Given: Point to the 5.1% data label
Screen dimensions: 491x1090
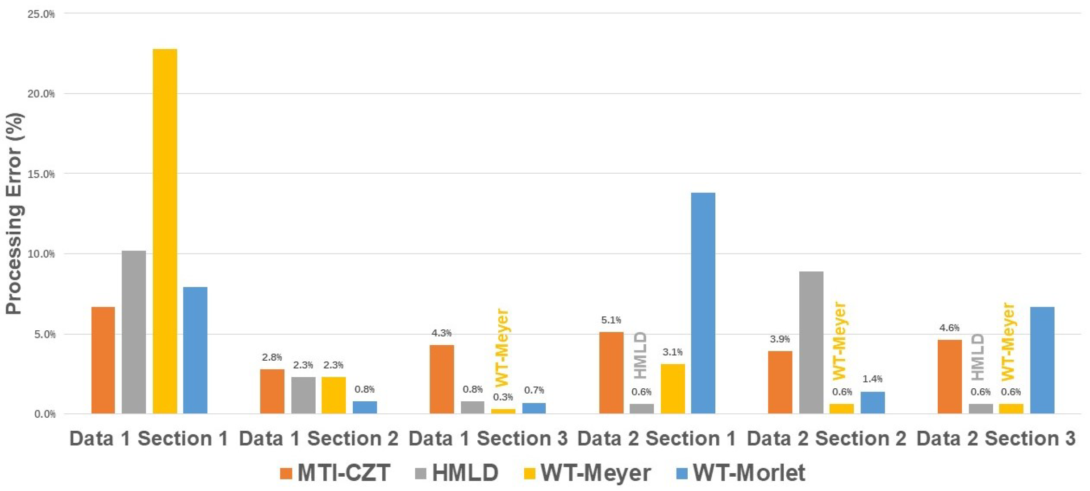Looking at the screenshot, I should [610, 320].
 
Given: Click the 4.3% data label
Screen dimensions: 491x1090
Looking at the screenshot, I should [441, 333].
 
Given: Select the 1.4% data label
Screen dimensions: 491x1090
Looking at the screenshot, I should [872, 379].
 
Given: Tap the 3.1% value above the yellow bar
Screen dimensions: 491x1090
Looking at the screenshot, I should [672, 352].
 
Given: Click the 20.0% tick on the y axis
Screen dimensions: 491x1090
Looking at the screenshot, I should [41, 94].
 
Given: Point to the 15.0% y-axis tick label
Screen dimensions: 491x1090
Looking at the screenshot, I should [41, 174].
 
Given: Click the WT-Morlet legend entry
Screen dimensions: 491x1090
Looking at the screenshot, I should [741, 473].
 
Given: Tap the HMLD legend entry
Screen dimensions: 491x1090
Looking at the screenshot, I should [456, 473].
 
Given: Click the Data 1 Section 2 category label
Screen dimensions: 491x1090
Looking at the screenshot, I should [318, 438].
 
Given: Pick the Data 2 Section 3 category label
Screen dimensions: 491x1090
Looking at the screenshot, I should [996, 438].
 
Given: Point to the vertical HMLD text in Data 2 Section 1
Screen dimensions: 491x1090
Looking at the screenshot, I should [640, 355].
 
